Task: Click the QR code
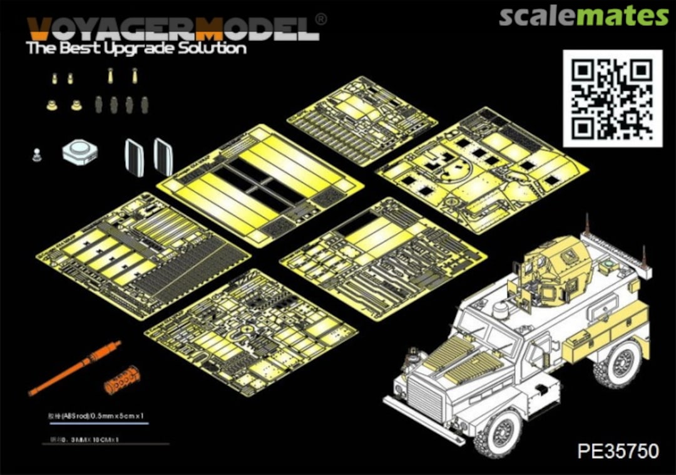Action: (612, 98)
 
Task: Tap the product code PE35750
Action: (618, 451)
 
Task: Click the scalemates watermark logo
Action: (583, 16)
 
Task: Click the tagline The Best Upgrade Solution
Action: (136, 48)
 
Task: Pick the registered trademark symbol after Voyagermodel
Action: (321, 19)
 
